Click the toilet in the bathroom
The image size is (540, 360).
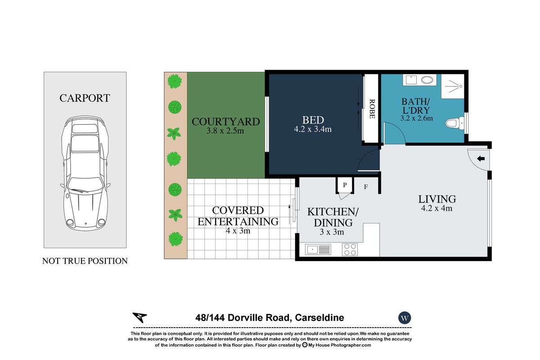click(x=454, y=123)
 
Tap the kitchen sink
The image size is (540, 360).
click(x=318, y=250)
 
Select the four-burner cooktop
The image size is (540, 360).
click(x=350, y=250)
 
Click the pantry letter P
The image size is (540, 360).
click(x=345, y=185)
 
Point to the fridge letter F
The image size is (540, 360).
click(x=366, y=187)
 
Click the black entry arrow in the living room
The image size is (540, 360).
click(x=481, y=159)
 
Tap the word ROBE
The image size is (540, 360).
click(x=372, y=109)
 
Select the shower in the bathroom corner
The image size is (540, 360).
click(x=453, y=86)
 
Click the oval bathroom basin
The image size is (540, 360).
click(x=427, y=80)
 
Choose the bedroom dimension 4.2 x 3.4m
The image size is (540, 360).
click(x=313, y=129)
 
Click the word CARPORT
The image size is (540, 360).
click(x=85, y=98)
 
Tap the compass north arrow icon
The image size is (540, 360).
click(x=139, y=317)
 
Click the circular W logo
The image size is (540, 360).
click(x=405, y=318)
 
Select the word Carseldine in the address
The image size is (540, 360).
click(x=319, y=318)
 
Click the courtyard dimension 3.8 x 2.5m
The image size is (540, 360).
click(x=225, y=131)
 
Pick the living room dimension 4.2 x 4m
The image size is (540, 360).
click(x=436, y=208)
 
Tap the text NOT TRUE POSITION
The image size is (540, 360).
click(x=85, y=261)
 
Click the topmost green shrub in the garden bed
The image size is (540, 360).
click(x=175, y=81)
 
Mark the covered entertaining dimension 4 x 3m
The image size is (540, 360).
click(x=238, y=231)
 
